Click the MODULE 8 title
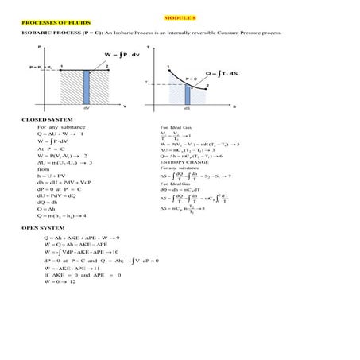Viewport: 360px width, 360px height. pos(180,17)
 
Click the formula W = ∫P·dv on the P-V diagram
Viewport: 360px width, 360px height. pos(111,55)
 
